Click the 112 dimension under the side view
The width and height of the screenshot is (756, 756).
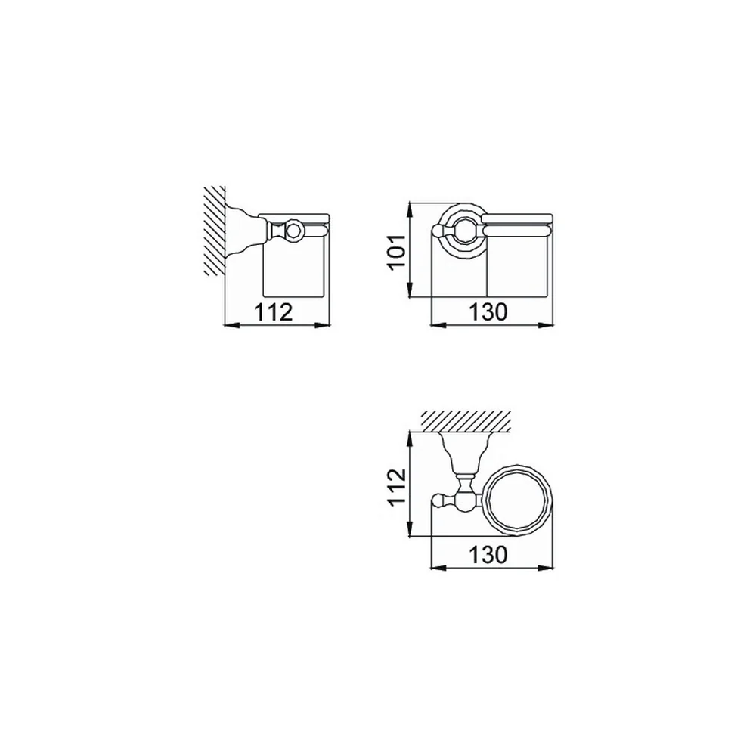click(274, 312)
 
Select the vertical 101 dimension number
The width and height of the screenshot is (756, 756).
click(396, 253)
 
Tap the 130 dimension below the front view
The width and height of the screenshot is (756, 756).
click(488, 312)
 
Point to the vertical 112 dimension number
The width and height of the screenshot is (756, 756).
click(396, 486)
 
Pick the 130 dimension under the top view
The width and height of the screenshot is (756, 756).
click(488, 555)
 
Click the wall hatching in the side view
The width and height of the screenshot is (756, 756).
click(215, 231)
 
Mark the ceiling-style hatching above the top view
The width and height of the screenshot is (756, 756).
click(466, 421)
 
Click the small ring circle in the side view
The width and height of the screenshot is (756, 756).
click(293, 231)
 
